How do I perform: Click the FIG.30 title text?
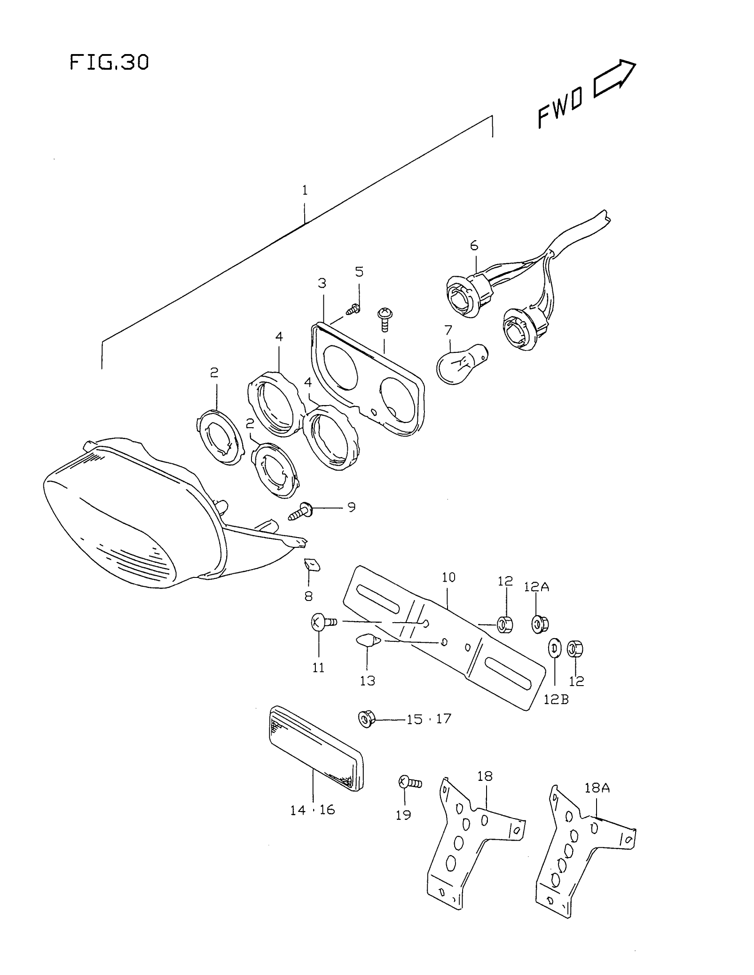click(x=109, y=62)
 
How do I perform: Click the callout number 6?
click(x=474, y=246)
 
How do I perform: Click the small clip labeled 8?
click(x=312, y=565)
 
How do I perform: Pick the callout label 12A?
click(x=537, y=587)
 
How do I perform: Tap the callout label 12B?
click(x=556, y=699)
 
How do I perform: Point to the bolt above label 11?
click(x=323, y=622)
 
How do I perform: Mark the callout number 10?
click(x=448, y=577)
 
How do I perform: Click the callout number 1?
click(x=305, y=191)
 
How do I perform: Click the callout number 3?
click(x=322, y=283)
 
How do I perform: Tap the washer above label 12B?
click(x=554, y=649)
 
